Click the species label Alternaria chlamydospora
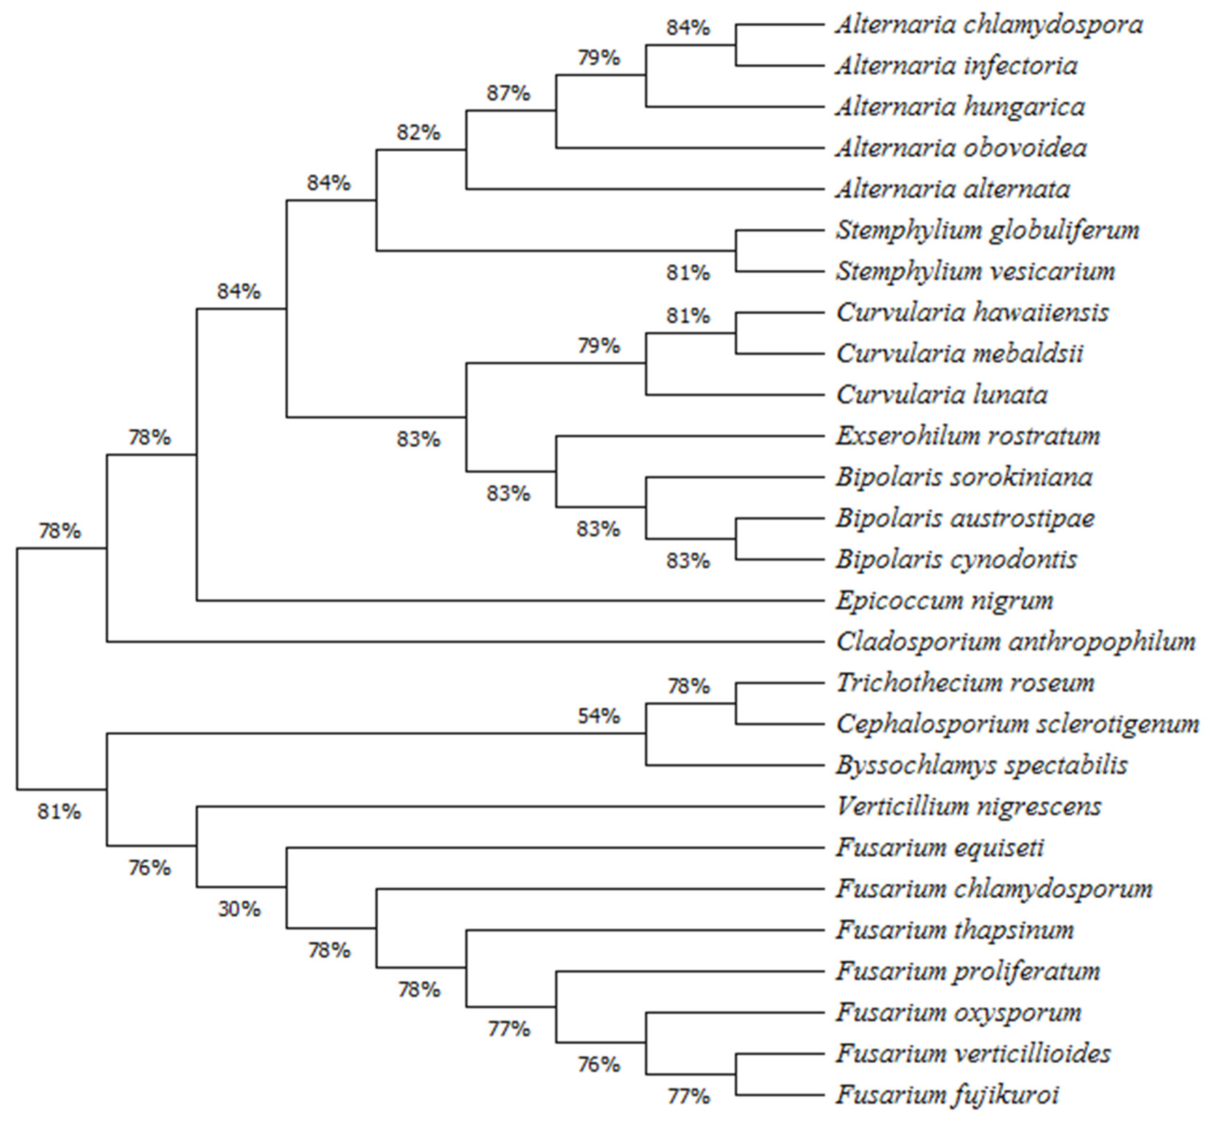[989, 26]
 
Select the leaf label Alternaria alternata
[952, 190]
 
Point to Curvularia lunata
[941, 395]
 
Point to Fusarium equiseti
[940, 848]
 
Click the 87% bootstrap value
[508, 94]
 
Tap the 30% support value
[239, 909]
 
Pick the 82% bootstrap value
[418, 133]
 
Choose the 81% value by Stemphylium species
[687, 273]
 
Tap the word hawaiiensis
[1041, 313]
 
